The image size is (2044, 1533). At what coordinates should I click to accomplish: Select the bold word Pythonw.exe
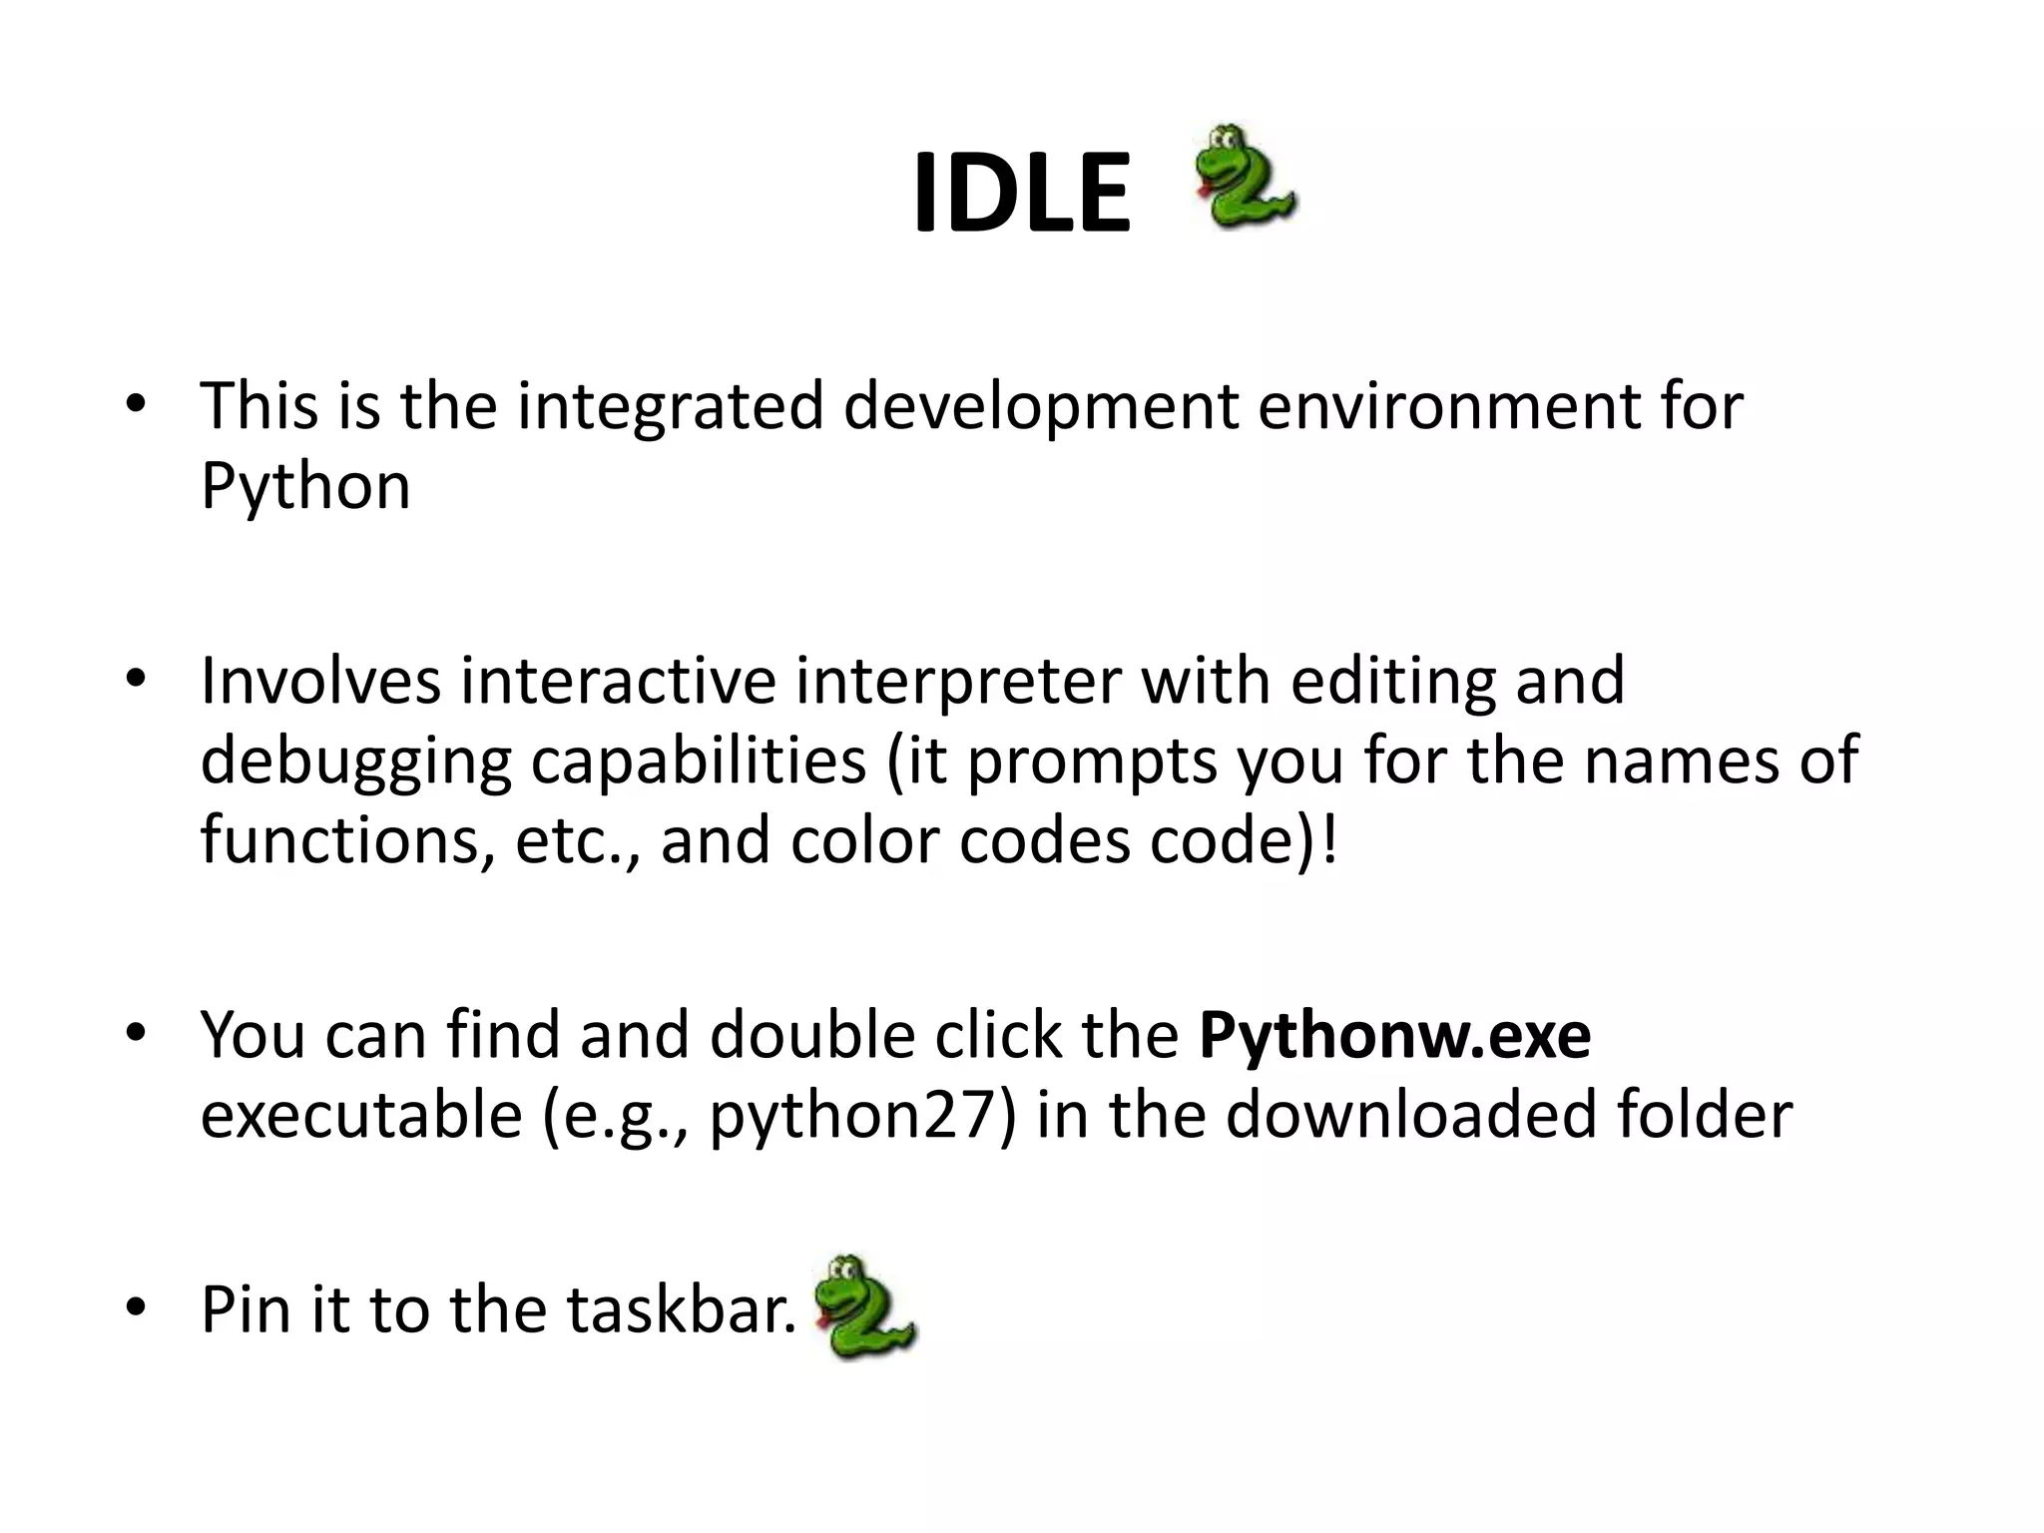click(1394, 1035)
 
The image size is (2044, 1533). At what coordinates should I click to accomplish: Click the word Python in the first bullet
click(305, 487)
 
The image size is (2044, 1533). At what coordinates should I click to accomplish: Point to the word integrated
click(670, 407)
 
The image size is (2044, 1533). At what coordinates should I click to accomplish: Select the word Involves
click(320, 681)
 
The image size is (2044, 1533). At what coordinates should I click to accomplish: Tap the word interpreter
click(957, 683)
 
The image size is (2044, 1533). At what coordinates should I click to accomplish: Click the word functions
click(346, 840)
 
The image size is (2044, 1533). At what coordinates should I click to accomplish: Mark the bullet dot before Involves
click(136, 680)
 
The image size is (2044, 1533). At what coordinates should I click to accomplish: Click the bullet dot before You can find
click(136, 1033)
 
